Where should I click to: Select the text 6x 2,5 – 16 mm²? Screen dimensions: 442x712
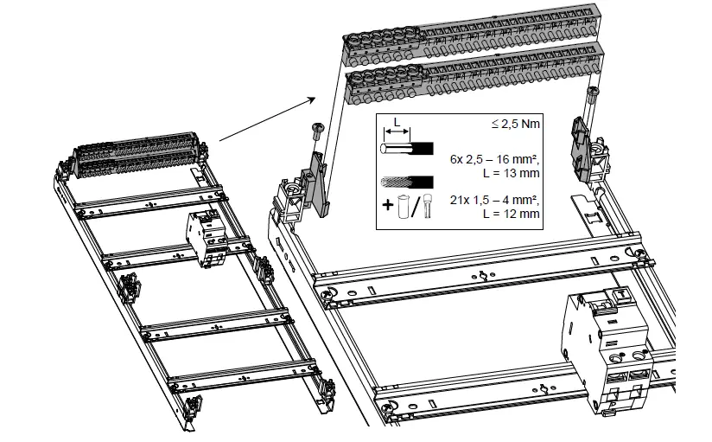(x=495, y=160)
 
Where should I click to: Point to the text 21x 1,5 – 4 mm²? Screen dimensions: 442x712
(x=495, y=200)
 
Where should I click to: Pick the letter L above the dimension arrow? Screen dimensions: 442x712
(x=396, y=122)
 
